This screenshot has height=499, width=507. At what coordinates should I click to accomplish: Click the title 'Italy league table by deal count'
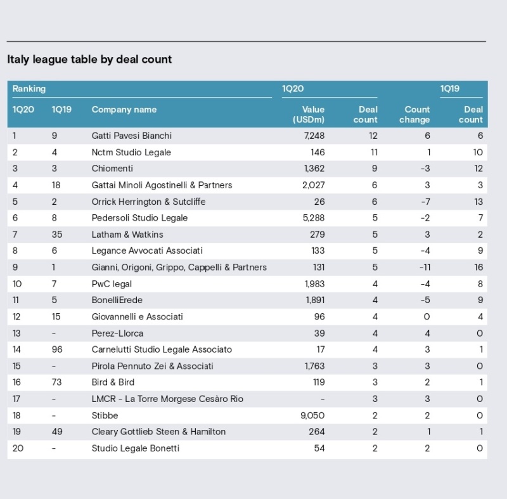point(89,60)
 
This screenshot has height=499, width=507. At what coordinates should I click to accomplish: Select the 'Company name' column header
point(124,110)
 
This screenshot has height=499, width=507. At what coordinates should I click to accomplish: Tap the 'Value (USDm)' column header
point(309,115)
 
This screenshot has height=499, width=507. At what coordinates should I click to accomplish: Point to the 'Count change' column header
point(414,115)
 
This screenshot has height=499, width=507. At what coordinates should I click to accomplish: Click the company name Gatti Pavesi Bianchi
point(132,136)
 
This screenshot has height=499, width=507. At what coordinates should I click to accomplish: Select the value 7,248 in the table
point(314,136)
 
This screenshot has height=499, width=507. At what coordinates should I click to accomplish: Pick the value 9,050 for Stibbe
point(312,415)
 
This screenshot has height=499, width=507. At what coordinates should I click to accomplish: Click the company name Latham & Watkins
point(127,235)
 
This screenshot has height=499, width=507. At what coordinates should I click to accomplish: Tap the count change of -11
point(425,267)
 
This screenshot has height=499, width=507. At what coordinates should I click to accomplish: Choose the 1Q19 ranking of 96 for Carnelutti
point(57,349)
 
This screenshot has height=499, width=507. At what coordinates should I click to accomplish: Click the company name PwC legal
point(112,284)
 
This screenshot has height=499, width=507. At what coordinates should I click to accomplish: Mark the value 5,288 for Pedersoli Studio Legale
point(314,217)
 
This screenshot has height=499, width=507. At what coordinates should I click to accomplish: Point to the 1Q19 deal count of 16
point(478,267)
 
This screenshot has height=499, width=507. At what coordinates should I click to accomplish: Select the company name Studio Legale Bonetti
point(136,448)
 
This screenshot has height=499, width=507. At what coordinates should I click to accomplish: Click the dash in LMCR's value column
point(323,399)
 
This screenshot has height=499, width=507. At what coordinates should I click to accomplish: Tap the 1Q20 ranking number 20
point(18,448)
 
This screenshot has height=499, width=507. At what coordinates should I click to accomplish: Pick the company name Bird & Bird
point(113,382)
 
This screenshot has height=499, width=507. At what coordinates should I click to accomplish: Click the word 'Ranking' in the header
point(29,89)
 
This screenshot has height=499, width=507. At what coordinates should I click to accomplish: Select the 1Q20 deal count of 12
point(373,136)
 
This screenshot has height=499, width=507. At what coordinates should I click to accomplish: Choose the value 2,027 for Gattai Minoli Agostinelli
point(313,185)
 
